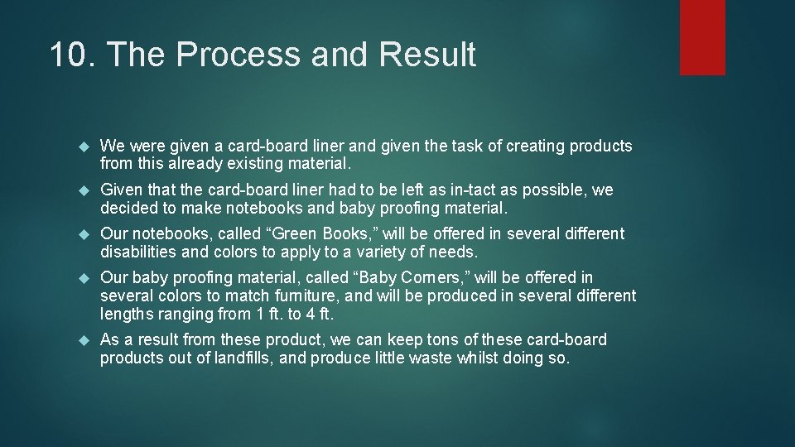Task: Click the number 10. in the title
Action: coord(72,55)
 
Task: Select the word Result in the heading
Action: coord(427,55)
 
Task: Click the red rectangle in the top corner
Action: coord(702,37)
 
